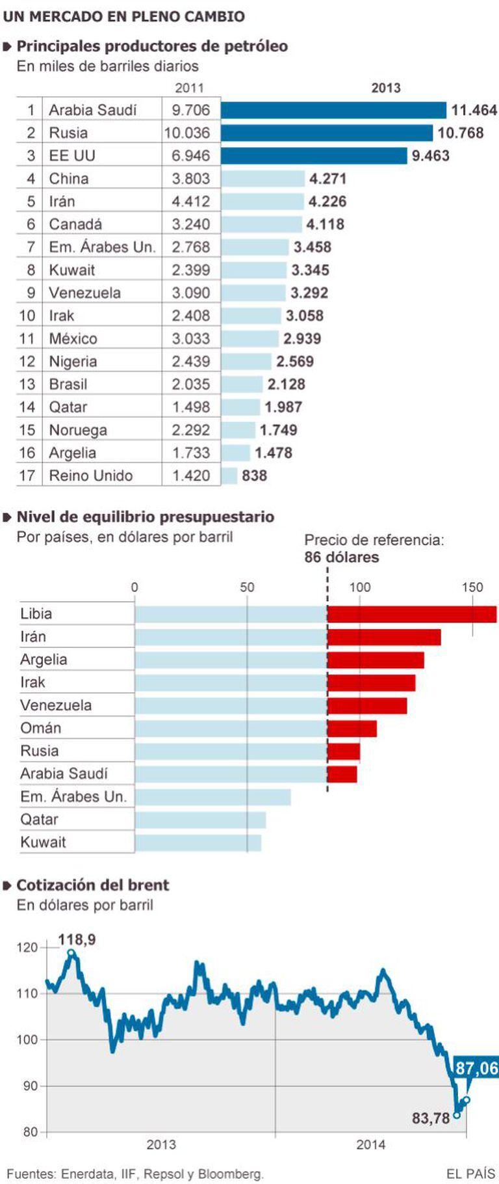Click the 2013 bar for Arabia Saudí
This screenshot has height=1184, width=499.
[x=333, y=110]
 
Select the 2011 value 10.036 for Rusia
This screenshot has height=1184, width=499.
[x=187, y=133]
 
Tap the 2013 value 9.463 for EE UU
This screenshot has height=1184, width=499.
[x=430, y=156]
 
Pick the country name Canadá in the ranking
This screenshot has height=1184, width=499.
[x=75, y=224]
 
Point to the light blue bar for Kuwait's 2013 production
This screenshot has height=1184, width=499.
[x=253, y=270]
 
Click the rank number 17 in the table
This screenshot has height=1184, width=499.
[x=27, y=476]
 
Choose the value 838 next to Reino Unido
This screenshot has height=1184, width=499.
[x=254, y=476]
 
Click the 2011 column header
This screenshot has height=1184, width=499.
[x=189, y=88]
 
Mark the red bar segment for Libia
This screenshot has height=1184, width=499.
[x=412, y=614]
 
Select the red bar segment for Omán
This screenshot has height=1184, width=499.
[x=352, y=729]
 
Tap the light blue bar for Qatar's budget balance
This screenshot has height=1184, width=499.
[x=200, y=820]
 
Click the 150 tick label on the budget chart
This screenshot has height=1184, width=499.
[x=472, y=587]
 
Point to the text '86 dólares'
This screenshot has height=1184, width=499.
[x=341, y=558]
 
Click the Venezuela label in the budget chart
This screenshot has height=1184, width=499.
[x=56, y=705]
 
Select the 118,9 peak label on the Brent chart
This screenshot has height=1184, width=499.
[x=77, y=939]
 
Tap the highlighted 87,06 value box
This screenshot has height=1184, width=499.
[x=476, y=1068]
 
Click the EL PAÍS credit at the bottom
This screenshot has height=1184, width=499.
[x=470, y=1174]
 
